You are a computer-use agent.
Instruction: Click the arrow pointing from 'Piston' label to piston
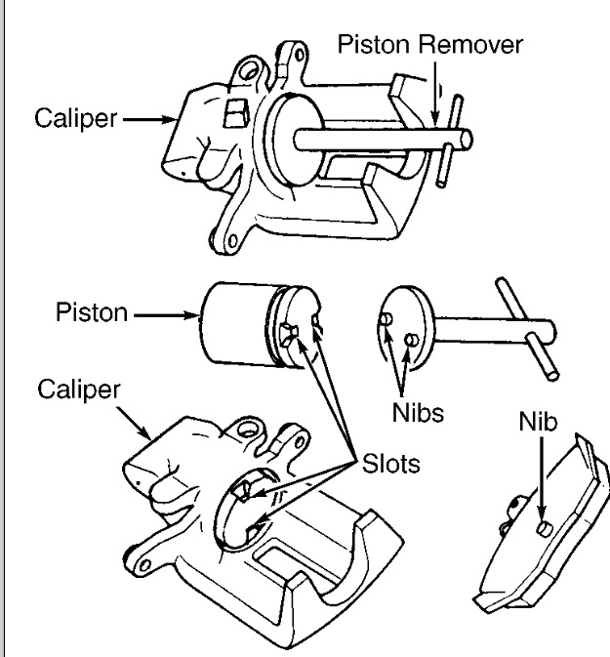click(166, 316)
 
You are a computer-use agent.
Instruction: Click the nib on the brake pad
click(544, 528)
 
